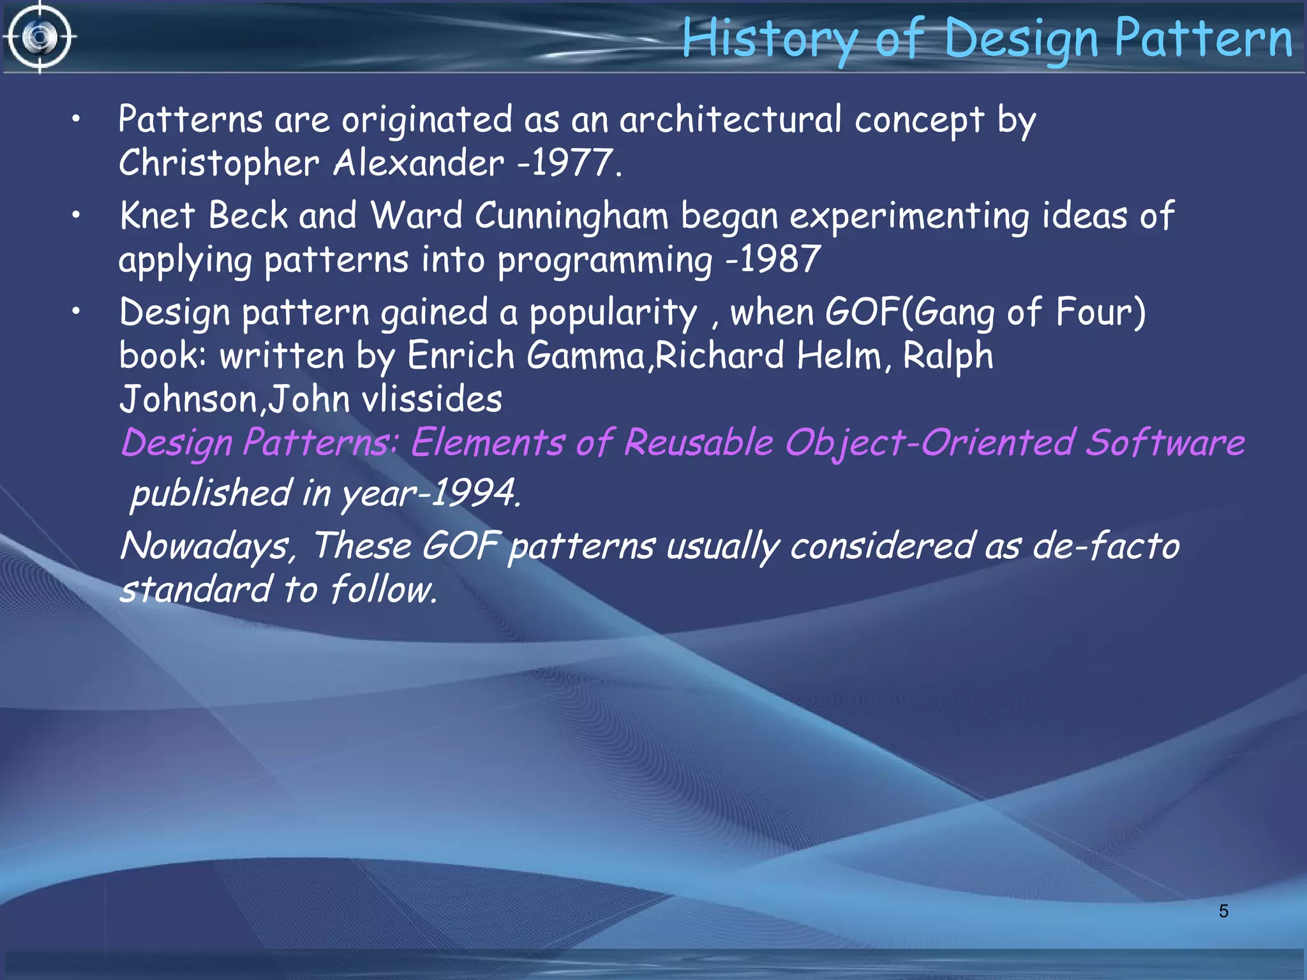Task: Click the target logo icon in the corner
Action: click(x=40, y=37)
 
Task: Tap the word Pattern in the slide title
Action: click(x=1203, y=38)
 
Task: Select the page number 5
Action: click(x=1223, y=911)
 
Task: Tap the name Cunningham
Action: click(x=572, y=216)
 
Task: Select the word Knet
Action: click(x=157, y=216)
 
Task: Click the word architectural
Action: click(x=730, y=120)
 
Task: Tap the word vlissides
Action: click(x=432, y=400)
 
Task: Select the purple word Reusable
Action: click(x=698, y=443)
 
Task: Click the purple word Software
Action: click(x=1165, y=443)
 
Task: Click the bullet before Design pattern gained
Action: click(x=76, y=312)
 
